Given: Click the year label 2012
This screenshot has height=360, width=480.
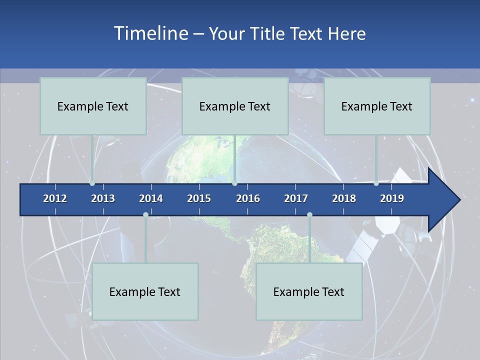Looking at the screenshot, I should click(55, 198).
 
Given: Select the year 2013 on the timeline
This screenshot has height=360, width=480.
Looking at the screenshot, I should click(103, 198).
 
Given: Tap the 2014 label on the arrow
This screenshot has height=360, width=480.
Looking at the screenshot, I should click(151, 198).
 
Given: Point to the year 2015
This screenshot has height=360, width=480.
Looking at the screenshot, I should click(199, 198).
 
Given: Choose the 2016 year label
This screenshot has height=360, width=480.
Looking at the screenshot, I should click(248, 198).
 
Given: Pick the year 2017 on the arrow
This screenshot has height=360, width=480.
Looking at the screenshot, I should click(296, 198).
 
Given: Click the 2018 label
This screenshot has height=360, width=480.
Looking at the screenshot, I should click(344, 198).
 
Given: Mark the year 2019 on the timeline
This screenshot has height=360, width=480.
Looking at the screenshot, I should click(392, 198).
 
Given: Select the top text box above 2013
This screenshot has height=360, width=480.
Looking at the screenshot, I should click(93, 106).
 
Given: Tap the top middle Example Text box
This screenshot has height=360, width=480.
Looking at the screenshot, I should click(235, 106).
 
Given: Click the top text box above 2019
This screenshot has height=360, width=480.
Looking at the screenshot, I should click(377, 106).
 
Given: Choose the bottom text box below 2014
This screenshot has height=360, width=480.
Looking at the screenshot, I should click(145, 291).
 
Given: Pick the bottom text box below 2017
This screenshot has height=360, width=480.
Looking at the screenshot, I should click(309, 291).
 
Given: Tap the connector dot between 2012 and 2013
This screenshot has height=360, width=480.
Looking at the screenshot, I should click(92, 183).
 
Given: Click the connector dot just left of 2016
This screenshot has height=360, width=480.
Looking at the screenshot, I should click(234, 183).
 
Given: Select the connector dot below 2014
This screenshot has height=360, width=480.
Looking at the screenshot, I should click(145, 214).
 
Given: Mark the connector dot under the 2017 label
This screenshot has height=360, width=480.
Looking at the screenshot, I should click(309, 214).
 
